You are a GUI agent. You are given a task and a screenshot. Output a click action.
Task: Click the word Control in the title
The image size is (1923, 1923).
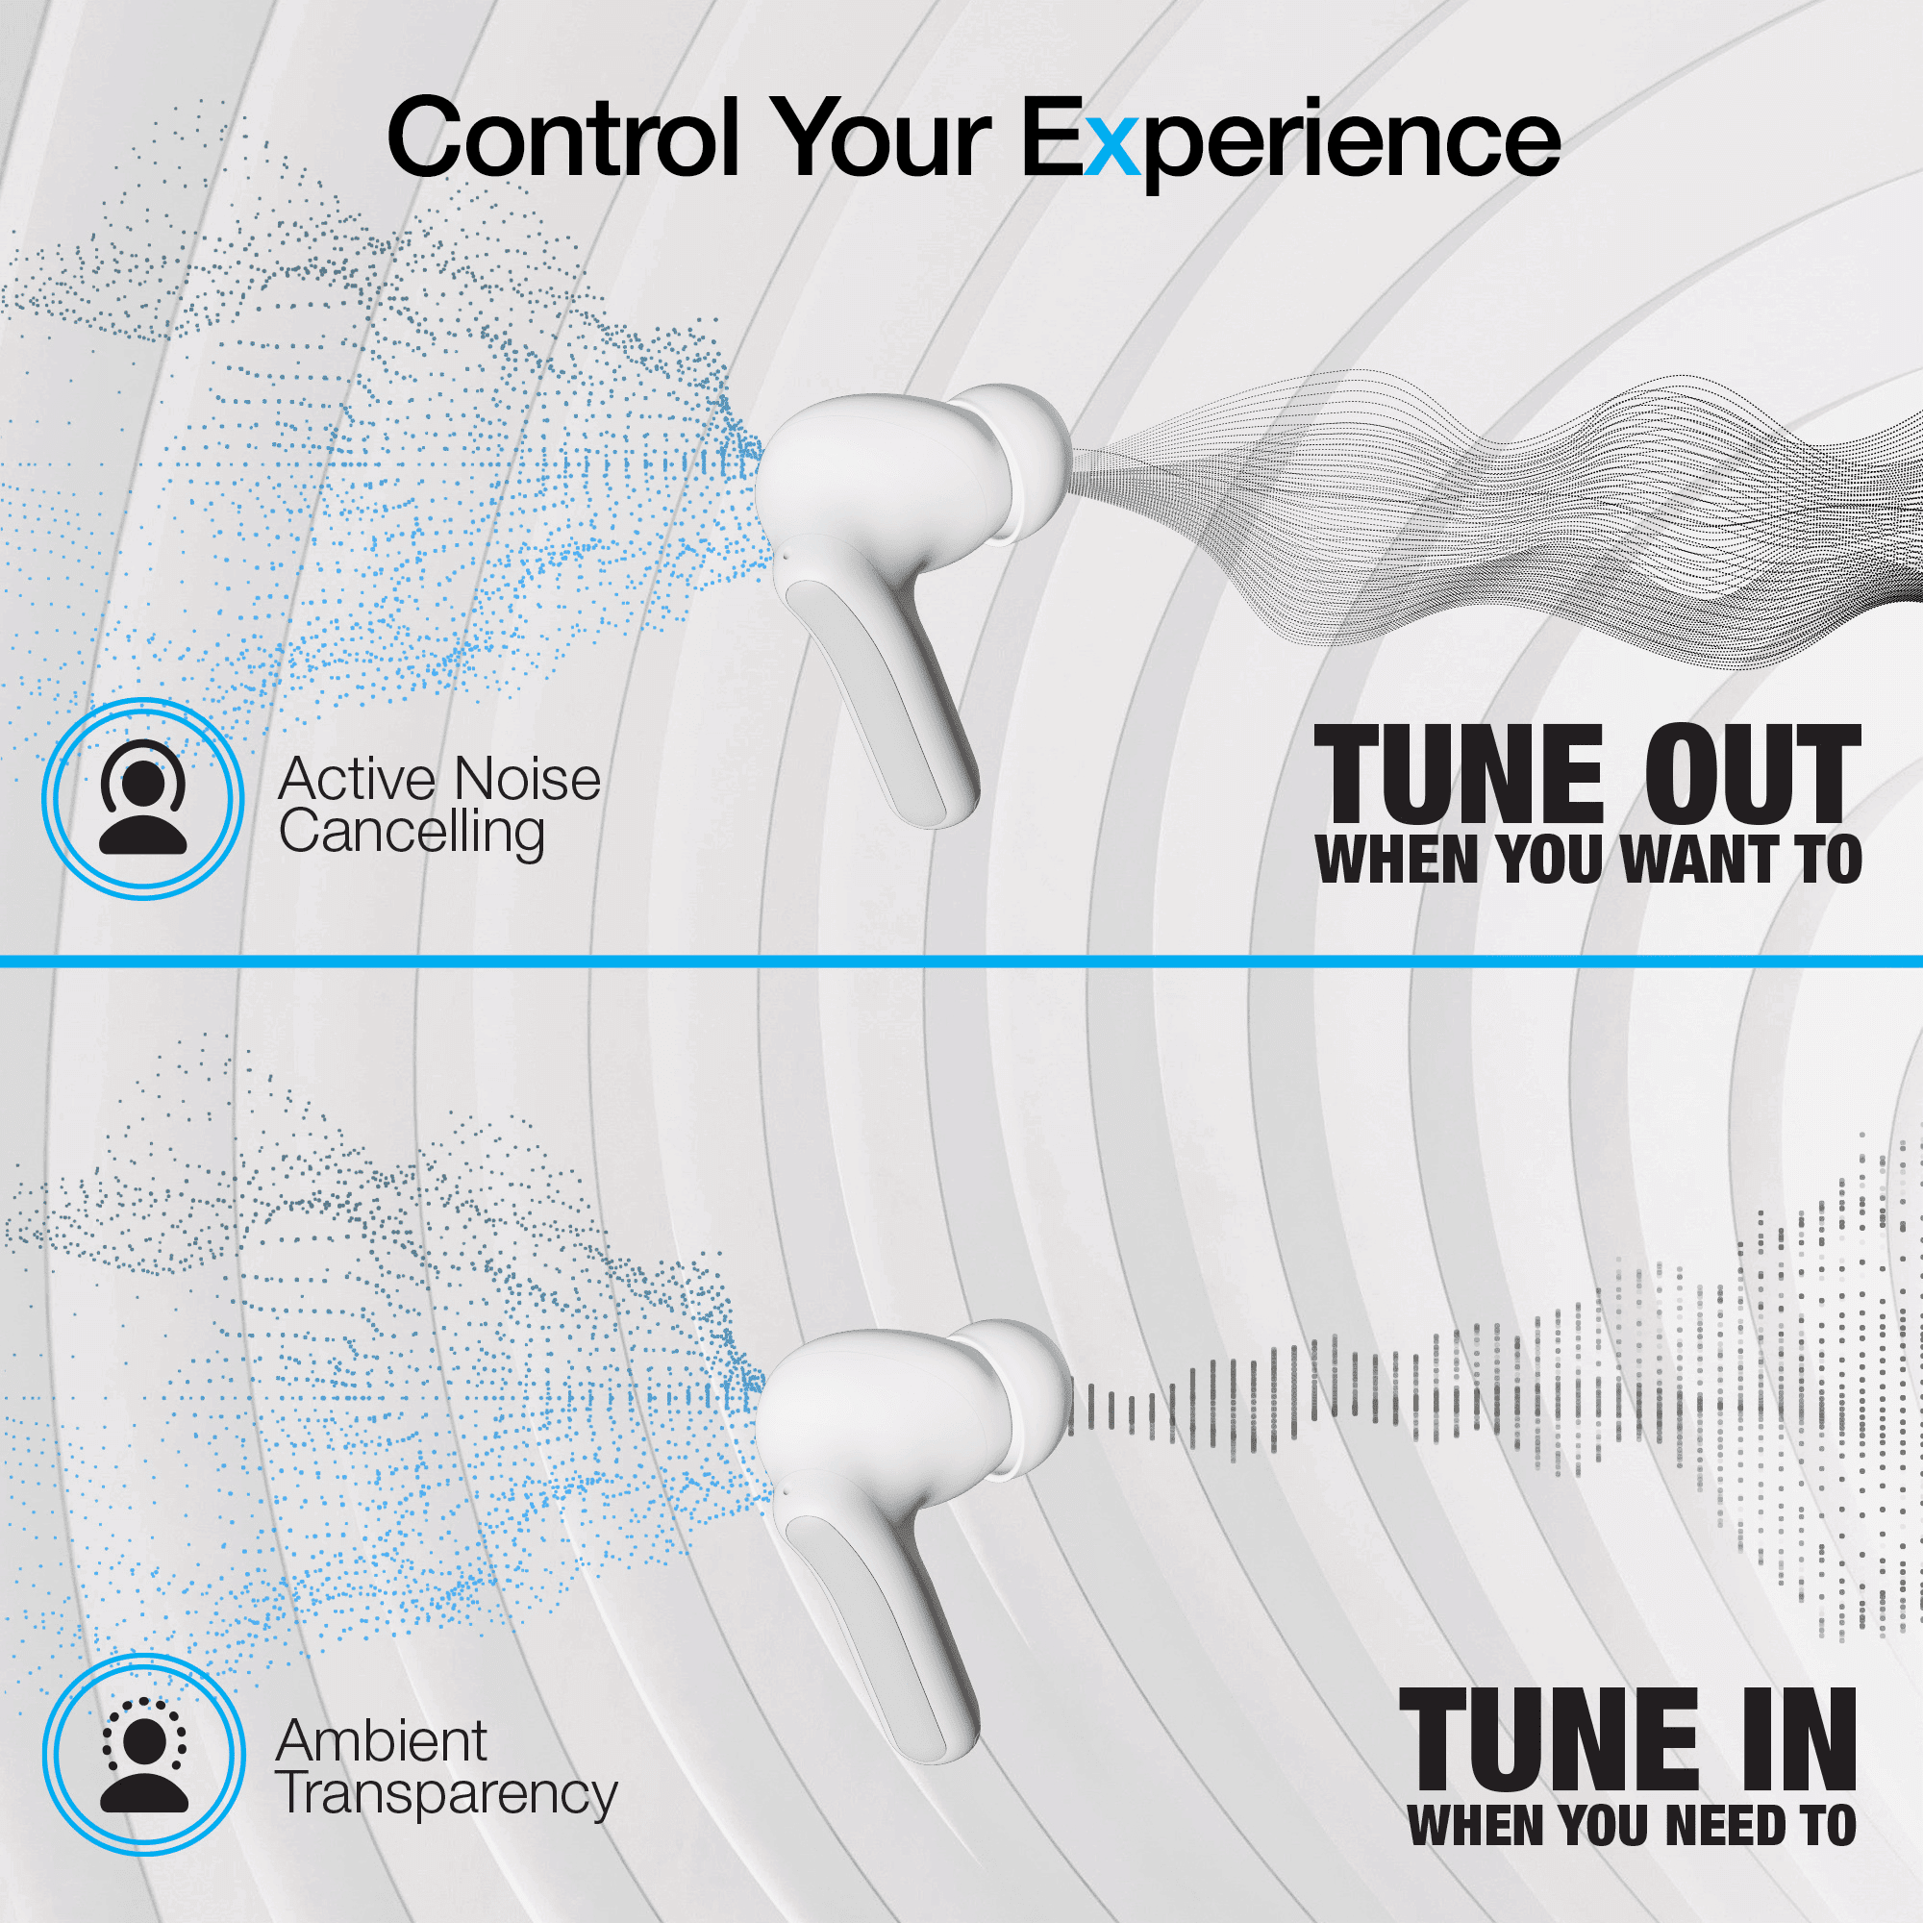(x=563, y=137)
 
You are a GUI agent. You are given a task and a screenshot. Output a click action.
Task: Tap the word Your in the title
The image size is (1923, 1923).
(x=883, y=137)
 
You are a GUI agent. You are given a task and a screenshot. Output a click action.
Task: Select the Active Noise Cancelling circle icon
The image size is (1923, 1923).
(x=142, y=797)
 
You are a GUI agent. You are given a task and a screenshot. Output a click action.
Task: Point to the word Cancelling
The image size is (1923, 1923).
(x=412, y=833)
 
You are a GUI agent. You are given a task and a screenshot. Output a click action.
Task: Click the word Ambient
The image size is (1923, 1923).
(x=381, y=1741)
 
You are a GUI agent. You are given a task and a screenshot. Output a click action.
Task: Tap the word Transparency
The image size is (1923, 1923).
(x=447, y=1794)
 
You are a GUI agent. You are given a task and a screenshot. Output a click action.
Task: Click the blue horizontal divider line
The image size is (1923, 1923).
(x=961, y=961)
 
